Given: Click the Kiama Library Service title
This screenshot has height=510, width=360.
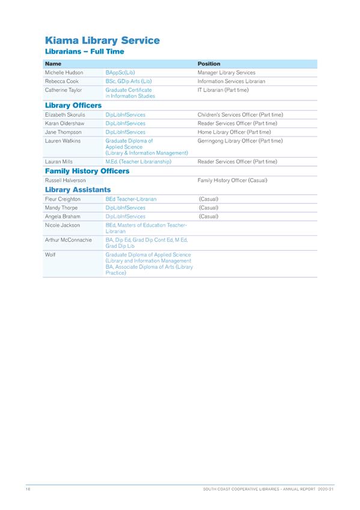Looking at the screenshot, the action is [102, 41].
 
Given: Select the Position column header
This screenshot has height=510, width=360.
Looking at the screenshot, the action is [209, 63].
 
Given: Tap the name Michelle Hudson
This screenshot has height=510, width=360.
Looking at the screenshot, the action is [64, 72].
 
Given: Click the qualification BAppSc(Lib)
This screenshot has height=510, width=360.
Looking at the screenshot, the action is [120, 72].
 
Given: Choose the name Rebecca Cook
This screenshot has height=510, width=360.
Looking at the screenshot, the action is [61, 81].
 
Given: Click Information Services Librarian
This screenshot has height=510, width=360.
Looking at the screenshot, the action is [231, 81].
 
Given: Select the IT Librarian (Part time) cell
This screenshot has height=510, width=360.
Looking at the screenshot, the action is [223, 90].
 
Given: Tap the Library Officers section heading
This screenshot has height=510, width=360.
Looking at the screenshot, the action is [73, 105].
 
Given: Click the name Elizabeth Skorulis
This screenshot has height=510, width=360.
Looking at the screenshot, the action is [67, 114].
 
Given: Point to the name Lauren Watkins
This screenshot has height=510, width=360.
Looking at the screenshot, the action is [63, 141].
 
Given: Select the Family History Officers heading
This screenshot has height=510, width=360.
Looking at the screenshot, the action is [87, 171].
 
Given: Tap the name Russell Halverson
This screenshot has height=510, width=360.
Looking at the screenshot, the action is [66, 180].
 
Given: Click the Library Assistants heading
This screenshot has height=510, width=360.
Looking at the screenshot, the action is [78, 189].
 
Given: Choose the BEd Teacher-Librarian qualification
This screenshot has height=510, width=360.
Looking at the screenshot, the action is [131, 198].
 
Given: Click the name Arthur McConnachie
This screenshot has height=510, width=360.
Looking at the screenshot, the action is [67, 240].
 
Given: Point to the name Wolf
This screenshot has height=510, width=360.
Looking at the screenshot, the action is [50, 255].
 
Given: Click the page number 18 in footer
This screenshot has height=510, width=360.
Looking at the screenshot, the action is [28, 491].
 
